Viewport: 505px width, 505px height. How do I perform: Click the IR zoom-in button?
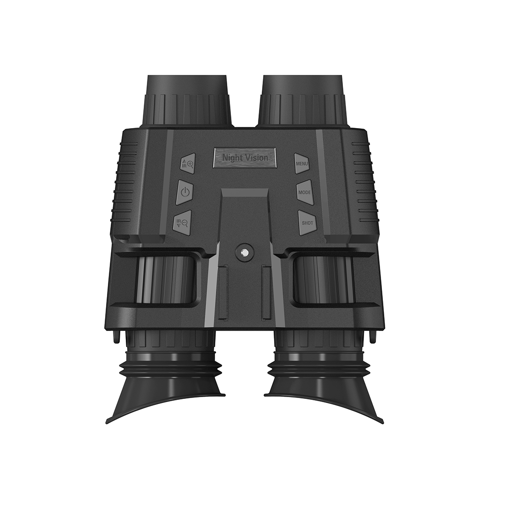coord(187,163)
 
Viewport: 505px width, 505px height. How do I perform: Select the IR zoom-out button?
coord(183,223)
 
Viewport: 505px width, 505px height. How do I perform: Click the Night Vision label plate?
coord(245,157)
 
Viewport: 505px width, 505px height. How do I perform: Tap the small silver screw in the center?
coord(244,253)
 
